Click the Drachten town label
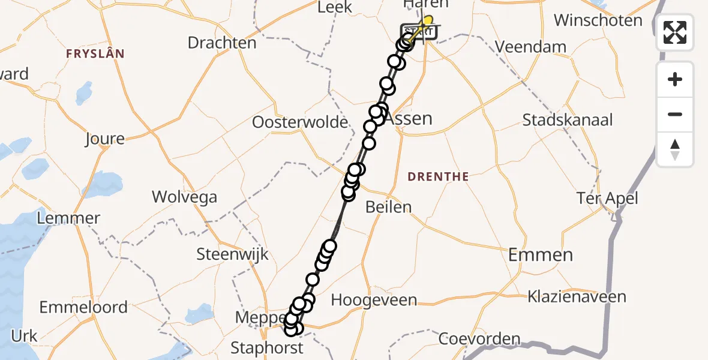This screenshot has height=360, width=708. point(222,43)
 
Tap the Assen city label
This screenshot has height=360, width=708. point(410,118)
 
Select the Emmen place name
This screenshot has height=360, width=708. point(541,255)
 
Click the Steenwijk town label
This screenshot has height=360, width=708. point(233,254)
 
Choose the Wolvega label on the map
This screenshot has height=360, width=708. point(184,197)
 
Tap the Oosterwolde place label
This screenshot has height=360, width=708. point(300,122)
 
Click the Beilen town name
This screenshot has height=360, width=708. point(389,208)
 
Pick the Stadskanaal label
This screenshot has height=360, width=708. point(568,120)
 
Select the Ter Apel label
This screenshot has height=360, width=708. point(607,198)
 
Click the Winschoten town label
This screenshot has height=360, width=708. point(598,20)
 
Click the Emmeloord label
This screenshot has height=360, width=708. point(83,307)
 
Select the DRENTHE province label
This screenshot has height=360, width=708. point(438,176)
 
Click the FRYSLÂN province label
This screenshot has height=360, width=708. point(95,54)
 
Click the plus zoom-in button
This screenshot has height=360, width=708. point(675,80)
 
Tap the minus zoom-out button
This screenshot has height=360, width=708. point(675,114)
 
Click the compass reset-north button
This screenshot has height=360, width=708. point(675,149)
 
